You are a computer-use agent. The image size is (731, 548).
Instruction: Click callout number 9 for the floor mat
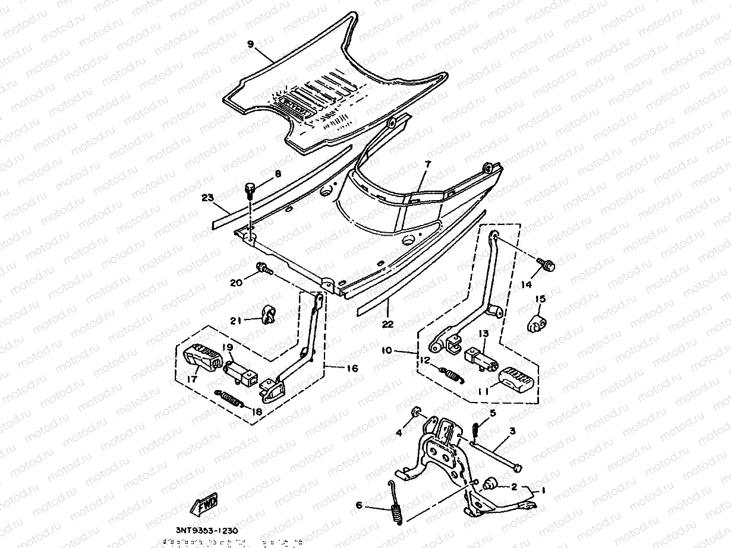tap(250, 44)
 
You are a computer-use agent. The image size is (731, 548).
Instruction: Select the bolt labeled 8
tap(250, 191)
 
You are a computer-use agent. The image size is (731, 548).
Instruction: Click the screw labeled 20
tap(263, 270)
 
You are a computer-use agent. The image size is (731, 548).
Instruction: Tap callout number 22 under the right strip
tap(387, 324)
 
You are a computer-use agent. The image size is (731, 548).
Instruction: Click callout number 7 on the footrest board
tap(428, 163)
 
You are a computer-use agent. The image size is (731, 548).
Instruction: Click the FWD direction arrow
tap(203, 506)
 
